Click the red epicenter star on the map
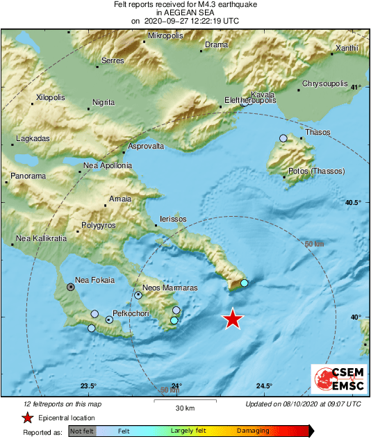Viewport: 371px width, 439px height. pyautogui.click(x=233, y=319)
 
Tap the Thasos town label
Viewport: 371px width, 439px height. pyautogui.click(x=318, y=132)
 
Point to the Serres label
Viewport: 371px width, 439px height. pyautogui.click(x=113, y=61)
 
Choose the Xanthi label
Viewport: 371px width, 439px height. pyautogui.click(x=346, y=48)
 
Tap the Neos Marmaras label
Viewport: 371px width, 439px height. pyautogui.click(x=170, y=288)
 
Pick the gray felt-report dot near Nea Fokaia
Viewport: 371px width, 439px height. pyautogui.click(x=70, y=286)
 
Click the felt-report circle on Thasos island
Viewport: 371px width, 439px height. pyautogui.click(x=283, y=138)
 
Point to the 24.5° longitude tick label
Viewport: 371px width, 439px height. pyautogui.click(x=263, y=386)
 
